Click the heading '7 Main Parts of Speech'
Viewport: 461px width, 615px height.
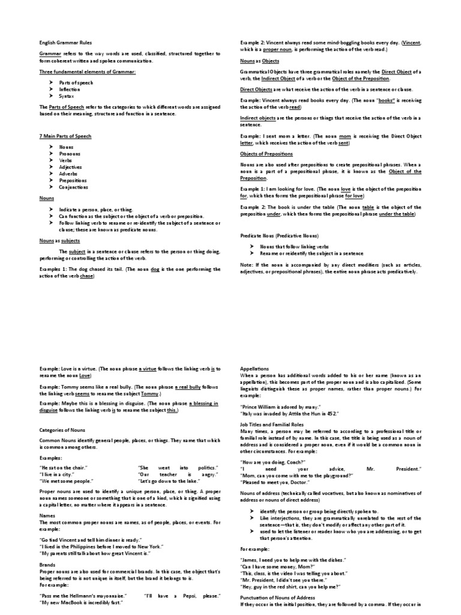pos(65,136)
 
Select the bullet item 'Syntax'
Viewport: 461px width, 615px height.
pos(66,96)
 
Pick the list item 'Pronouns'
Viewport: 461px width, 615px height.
pos(70,154)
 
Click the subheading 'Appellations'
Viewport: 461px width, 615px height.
pos(255,369)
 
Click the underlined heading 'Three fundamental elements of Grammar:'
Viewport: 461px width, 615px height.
pos(83,71)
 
